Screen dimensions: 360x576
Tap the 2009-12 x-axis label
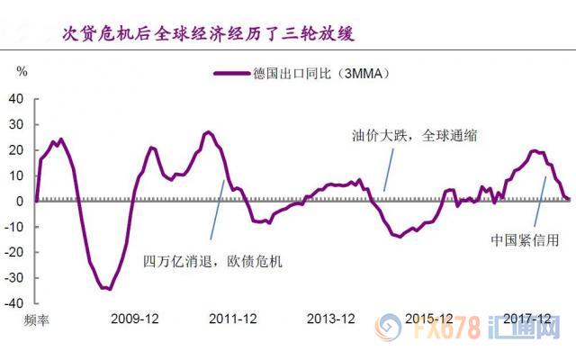coord(134,319)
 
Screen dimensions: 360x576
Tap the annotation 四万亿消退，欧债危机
coord(213,261)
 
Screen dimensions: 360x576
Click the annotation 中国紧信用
coord(525,240)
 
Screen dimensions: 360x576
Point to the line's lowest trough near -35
coord(106,288)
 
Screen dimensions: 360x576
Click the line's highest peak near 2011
coord(208,132)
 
